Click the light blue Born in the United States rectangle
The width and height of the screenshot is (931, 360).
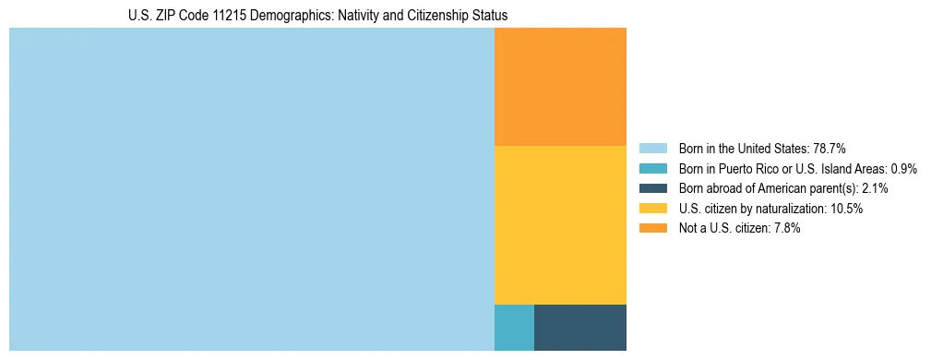(251, 189)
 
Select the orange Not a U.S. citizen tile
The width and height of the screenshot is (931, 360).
(560, 87)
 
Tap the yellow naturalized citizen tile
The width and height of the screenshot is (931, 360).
(560, 224)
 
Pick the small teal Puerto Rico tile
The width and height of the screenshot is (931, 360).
(514, 327)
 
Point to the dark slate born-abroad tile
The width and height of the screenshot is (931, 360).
(579, 327)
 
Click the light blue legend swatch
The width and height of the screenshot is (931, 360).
(652, 148)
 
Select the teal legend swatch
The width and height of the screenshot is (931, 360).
(652, 168)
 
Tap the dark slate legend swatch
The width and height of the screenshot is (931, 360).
(652, 188)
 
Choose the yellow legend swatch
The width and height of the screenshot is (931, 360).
(652, 209)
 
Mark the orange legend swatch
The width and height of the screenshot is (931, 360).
(652, 229)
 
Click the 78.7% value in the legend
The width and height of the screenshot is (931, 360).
(830, 148)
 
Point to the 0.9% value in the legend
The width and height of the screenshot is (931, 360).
(903, 168)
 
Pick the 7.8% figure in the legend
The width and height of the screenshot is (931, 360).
(784, 229)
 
